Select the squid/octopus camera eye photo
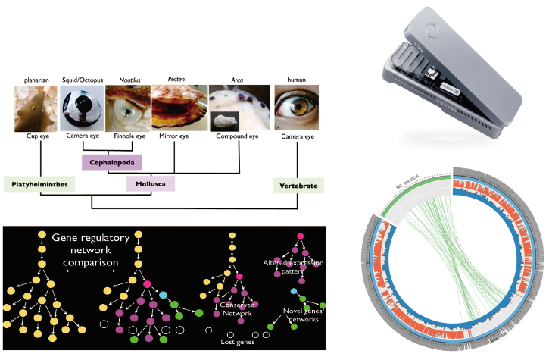[x=82, y=109]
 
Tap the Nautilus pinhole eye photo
[x=127, y=109]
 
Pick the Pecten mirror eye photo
[x=179, y=109]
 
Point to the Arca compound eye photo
[x=236, y=109]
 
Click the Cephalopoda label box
[x=112, y=161]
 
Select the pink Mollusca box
[x=150, y=183]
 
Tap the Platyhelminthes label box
[x=38, y=183]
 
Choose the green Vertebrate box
[x=298, y=184]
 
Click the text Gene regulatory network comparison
[x=86, y=251]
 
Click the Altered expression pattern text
[x=293, y=267]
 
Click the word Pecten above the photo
[x=175, y=78]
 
